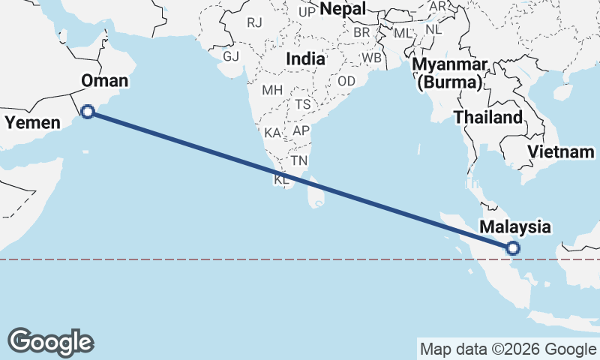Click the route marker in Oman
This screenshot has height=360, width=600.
[87, 112]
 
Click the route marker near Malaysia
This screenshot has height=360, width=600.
[513, 247]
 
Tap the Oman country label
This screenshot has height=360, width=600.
[104, 81]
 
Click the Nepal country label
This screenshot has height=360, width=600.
[343, 9]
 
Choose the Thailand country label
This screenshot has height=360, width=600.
[488, 118]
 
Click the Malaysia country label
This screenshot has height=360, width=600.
[516, 226]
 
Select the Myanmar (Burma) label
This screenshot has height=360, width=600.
[453, 73]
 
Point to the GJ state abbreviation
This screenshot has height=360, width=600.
[231, 56]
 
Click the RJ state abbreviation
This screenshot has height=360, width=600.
[255, 22]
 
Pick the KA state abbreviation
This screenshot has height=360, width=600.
[273, 133]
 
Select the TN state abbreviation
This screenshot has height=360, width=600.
[300, 160]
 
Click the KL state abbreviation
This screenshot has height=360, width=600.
[281, 180]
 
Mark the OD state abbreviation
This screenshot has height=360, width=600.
[346, 81]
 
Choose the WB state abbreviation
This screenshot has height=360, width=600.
[371, 58]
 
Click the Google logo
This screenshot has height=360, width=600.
[50, 341]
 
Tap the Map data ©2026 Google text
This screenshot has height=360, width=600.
[507, 349]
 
